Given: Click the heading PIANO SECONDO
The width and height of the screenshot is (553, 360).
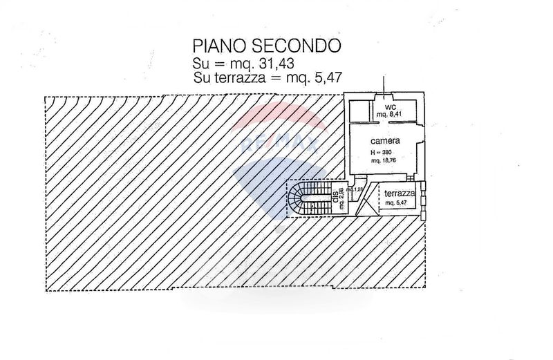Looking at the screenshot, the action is tap(267, 46).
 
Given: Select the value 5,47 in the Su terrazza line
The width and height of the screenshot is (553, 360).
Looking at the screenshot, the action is tap(329, 77).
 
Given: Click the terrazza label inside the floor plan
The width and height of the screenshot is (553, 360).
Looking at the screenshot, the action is tap(399, 194).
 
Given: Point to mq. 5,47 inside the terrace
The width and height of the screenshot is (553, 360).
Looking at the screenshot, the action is tap(397, 203).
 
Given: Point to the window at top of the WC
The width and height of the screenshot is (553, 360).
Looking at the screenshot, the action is tap(381, 96).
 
